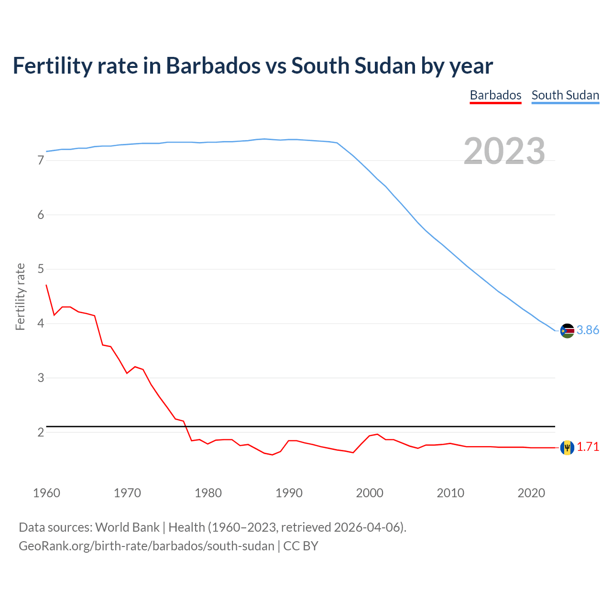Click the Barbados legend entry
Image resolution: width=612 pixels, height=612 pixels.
point(495,95)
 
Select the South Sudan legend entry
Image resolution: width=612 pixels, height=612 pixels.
point(565,95)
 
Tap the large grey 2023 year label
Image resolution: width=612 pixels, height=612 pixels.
point(504,151)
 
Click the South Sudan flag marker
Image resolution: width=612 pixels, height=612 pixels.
point(567,330)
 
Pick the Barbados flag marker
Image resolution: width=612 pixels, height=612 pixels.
point(567,448)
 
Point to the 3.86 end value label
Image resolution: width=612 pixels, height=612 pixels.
point(588,330)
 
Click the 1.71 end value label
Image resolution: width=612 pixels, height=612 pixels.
point(588,447)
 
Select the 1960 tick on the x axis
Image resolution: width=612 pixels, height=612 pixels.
point(46,493)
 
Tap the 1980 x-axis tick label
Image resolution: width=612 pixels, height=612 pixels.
point(208,493)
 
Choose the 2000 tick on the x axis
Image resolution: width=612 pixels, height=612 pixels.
point(370,493)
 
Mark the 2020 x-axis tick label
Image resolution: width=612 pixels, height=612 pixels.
point(531,493)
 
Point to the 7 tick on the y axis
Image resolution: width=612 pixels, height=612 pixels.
point(41,161)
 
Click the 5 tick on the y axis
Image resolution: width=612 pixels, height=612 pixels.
point(41,269)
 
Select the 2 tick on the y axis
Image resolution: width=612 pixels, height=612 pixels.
point(41,432)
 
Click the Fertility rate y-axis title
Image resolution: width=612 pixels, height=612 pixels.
point(20,296)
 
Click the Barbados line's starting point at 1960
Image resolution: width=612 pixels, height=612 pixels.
point(46,285)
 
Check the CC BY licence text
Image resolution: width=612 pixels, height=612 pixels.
point(301,546)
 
